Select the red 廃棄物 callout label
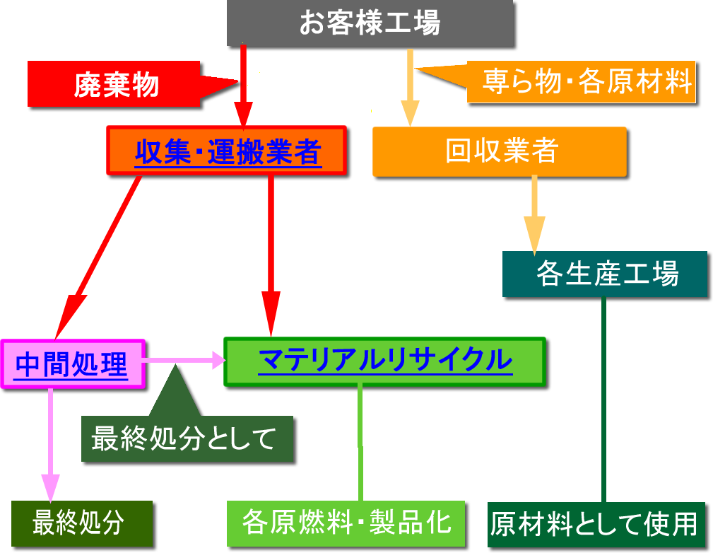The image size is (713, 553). (117, 85)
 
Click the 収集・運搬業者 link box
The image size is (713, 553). (227, 151)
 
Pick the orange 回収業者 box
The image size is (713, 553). (500, 151)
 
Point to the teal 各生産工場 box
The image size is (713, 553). (606, 274)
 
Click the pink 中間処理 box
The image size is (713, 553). (73, 364)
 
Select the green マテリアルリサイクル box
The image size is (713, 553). (385, 361)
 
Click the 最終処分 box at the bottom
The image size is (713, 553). (82, 523)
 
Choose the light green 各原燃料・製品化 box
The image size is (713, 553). (346, 523)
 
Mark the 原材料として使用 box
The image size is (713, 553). (596, 525)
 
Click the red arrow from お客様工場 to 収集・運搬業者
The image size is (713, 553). (243, 85)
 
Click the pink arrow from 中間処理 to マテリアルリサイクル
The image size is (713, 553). (184, 361)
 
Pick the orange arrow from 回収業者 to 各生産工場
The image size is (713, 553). (534, 212)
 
